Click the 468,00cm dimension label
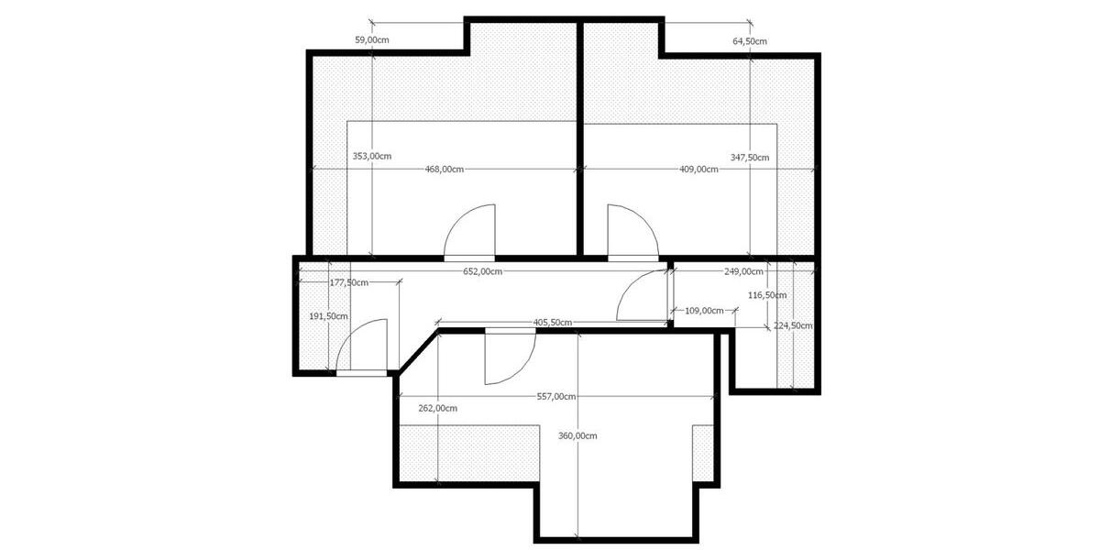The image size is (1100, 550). [445, 169]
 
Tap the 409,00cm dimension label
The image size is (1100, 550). [698, 169]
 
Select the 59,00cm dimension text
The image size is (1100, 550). [372, 40]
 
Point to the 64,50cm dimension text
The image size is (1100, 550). [750, 41]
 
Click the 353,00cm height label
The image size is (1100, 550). [372, 156]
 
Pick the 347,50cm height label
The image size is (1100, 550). [750, 157]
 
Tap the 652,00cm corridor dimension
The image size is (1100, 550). [482, 271]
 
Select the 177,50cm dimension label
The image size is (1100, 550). [348, 282]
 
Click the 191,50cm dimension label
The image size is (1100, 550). [328, 316]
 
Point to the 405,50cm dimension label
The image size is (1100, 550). [553, 322]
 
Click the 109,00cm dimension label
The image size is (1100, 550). [705, 311]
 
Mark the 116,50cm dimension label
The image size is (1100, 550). [767, 295]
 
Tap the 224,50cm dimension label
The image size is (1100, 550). [793, 325]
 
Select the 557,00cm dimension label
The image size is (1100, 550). [556, 397]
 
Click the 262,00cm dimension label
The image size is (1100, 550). [437, 408]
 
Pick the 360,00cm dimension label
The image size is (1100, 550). [577, 435]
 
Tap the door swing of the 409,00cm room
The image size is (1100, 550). [629, 231]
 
